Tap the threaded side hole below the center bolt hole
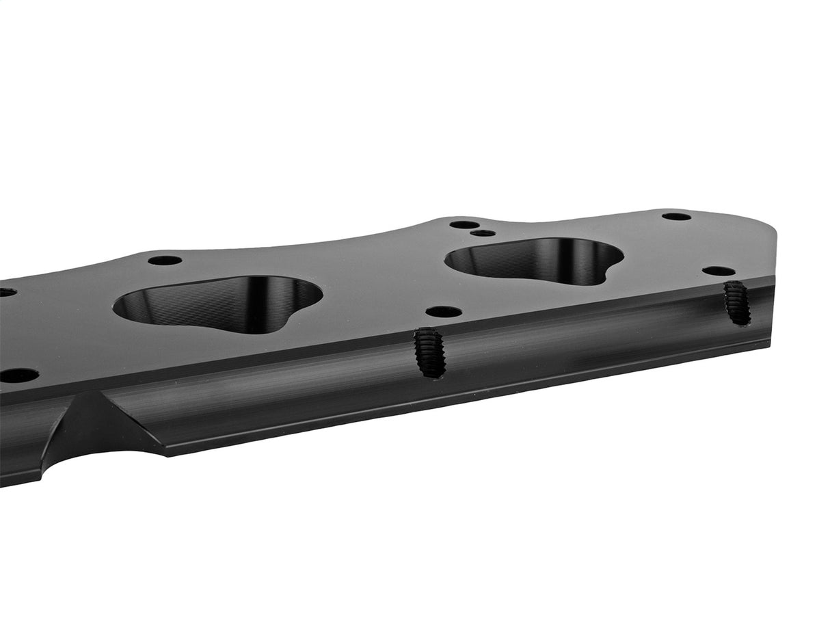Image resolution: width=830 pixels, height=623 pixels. pyautogui.click(x=429, y=352)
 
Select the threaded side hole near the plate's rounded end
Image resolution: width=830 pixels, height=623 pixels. pyautogui.click(x=737, y=302)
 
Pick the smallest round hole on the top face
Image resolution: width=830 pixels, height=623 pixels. pyautogui.click(x=483, y=233)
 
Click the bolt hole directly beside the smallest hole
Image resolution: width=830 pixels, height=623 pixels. pyautogui.click(x=464, y=224)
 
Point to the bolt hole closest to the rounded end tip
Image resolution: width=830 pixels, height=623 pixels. pyautogui.click(x=676, y=216)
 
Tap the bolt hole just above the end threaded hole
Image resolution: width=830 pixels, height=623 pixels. pyautogui.click(x=719, y=271)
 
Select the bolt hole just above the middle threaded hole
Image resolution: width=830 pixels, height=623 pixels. pyautogui.click(x=444, y=312)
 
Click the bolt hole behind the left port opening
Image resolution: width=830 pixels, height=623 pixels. pyautogui.click(x=165, y=261)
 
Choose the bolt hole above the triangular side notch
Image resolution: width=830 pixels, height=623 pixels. pyautogui.click(x=18, y=375)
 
